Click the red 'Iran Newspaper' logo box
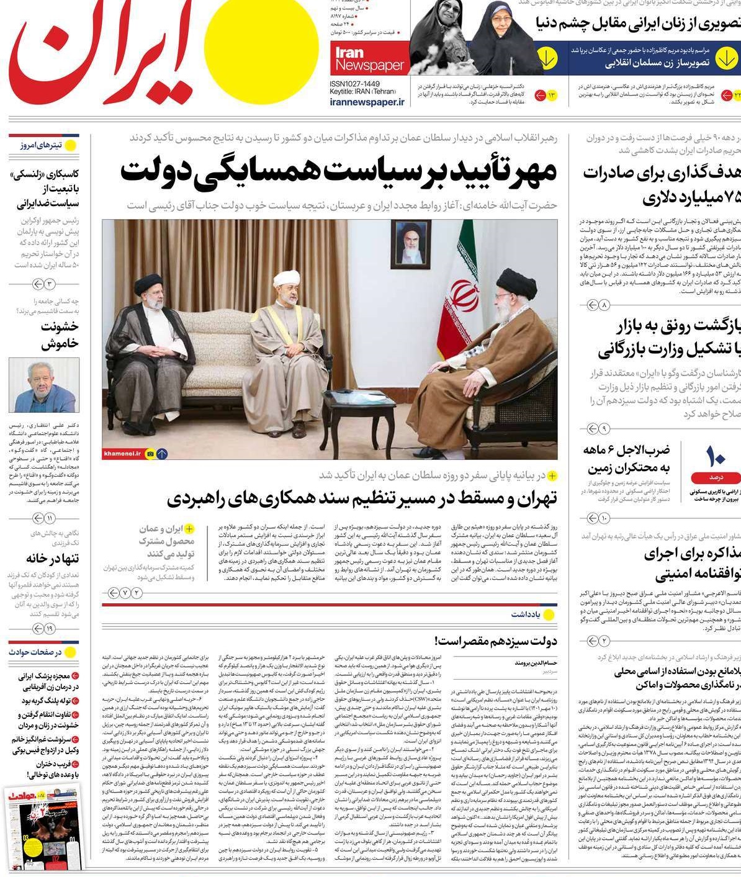(x=369, y=58)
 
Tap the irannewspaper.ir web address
(x=367, y=102)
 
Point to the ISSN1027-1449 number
(x=355, y=83)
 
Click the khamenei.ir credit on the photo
(x=123, y=454)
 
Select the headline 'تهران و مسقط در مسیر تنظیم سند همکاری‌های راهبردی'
(x=362, y=498)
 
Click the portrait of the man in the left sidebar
(x=44, y=385)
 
